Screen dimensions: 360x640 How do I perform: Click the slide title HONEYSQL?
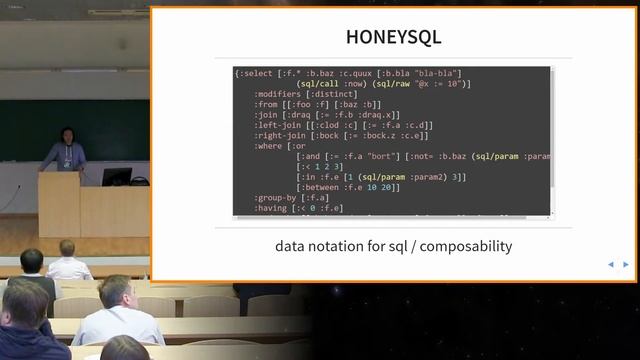pos(393,38)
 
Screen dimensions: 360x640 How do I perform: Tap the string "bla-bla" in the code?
pos(440,73)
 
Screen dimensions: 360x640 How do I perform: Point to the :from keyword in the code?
pos(265,104)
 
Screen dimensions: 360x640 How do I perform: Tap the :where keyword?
pos(268,145)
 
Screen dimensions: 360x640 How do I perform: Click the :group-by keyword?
pos(275,197)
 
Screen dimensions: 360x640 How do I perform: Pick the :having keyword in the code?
pos(271,207)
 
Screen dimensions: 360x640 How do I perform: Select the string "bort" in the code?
pos(385,156)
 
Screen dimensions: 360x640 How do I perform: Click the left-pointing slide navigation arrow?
pos(611,265)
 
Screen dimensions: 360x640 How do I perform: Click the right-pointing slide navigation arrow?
pos(626,265)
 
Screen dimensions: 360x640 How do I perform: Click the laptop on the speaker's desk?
pos(116,177)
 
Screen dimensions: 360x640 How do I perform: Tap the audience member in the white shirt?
pos(117,314)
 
